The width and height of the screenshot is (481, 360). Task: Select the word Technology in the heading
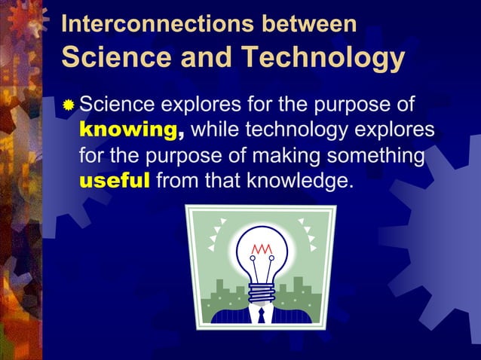pyautogui.click(x=322, y=57)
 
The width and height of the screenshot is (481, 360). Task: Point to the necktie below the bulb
pyautogui.click(x=261, y=315)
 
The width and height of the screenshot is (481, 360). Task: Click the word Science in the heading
pyautogui.click(x=106, y=57)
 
